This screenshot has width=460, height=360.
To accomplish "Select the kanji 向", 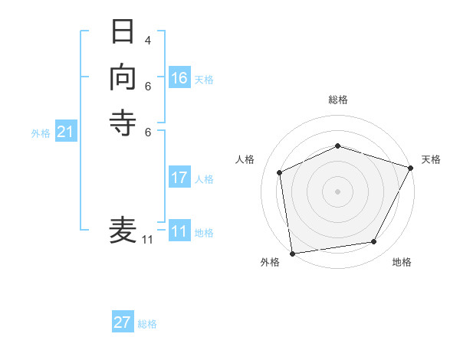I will [x=123, y=78].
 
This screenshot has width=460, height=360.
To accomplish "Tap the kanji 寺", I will [x=123, y=123].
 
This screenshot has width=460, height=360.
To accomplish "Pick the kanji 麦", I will [x=123, y=229].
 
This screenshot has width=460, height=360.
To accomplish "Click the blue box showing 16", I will [x=179, y=78].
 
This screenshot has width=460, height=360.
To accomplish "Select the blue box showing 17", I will [x=179, y=178].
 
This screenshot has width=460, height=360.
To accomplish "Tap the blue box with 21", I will [x=66, y=133].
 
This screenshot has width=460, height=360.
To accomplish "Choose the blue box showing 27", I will [x=123, y=322].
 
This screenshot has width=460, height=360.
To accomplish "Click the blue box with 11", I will [x=179, y=231].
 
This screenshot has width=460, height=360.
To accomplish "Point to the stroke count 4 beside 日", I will [x=147, y=40].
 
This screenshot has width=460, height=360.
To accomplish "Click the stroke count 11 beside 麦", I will [x=147, y=240].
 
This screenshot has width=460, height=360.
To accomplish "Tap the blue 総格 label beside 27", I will [x=147, y=324].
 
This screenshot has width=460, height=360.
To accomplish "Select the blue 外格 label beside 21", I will [x=41, y=133].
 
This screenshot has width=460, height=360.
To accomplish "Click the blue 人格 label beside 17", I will [x=204, y=179].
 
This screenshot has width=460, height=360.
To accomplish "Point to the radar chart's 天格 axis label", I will [x=431, y=159].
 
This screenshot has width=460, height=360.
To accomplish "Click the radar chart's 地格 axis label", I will [x=402, y=263].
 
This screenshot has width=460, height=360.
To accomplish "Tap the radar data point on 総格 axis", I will [x=337, y=146].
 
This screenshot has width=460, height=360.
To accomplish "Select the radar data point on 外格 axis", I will [x=292, y=253].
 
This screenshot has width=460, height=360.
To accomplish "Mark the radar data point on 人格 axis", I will [x=280, y=172].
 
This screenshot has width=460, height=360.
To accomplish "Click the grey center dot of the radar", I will [x=337, y=191].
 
